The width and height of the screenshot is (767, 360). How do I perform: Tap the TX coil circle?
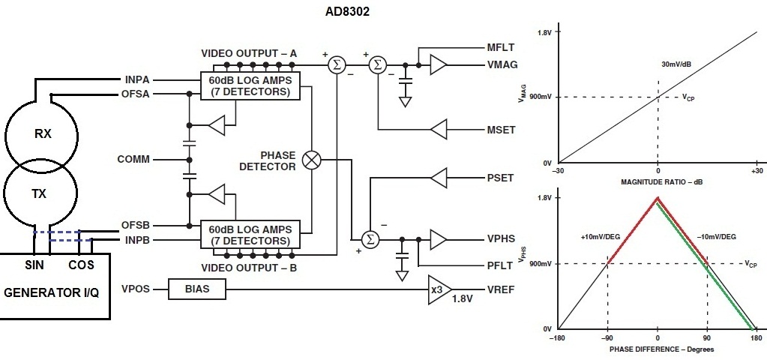(39, 193)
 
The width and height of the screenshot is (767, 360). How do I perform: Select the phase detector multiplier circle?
(311, 160)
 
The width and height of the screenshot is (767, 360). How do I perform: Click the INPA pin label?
(136, 79)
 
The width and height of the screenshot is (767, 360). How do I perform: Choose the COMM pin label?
(133, 160)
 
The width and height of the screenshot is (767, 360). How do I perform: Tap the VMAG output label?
(502, 65)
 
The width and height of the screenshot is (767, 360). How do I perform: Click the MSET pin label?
(501, 130)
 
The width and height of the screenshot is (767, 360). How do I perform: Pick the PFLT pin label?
(501, 265)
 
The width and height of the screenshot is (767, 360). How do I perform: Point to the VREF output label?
(501, 289)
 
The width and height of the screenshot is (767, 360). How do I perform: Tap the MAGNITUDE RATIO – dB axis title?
(658, 182)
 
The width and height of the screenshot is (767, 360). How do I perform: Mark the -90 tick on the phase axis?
(607, 338)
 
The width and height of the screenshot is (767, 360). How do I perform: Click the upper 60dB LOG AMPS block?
(250, 85)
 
